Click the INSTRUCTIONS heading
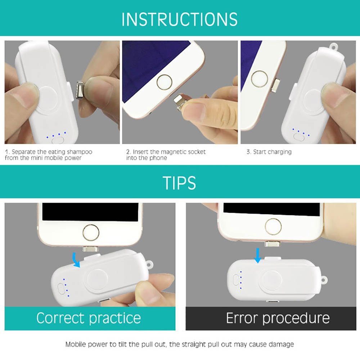[x=179, y=19]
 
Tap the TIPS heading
[x=179, y=183]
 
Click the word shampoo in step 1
[x=80, y=152]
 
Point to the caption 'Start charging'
[x=269, y=152]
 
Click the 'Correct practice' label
[x=89, y=318]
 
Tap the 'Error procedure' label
[x=278, y=318]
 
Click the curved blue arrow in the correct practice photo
[x=76, y=260]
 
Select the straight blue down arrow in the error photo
[x=258, y=256]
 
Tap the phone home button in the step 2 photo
[x=164, y=82]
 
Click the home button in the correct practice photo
[x=91, y=233]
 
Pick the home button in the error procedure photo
[x=273, y=226]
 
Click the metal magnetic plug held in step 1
[x=80, y=90]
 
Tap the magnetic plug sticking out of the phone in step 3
[x=275, y=85]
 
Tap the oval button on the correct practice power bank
[x=61, y=289]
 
